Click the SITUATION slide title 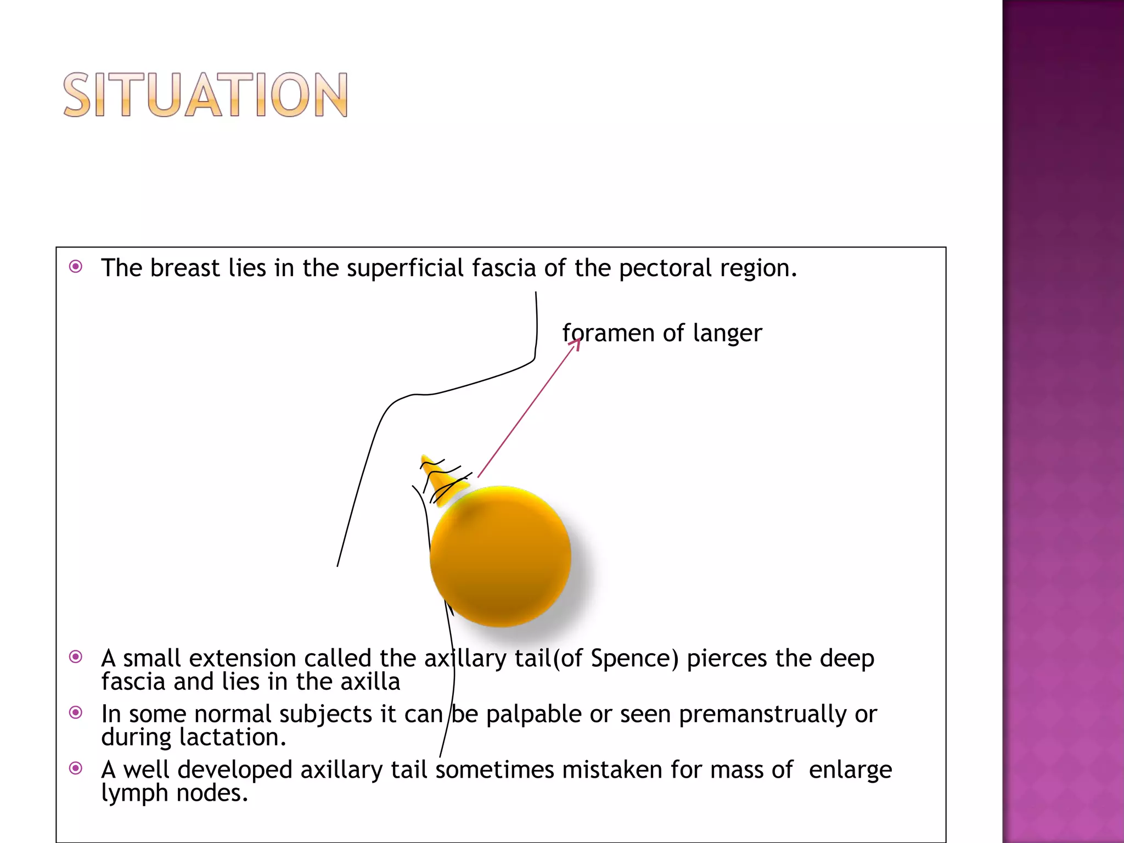[205, 95]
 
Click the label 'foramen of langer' [662, 333]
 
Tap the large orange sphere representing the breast [501, 557]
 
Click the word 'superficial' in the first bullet [405, 268]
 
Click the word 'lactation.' [233, 737]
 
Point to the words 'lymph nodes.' [175, 793]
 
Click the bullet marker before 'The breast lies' [76, 267]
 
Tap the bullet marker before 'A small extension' [76, 657]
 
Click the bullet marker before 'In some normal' [76, 712]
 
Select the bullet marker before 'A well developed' [76, 768]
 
